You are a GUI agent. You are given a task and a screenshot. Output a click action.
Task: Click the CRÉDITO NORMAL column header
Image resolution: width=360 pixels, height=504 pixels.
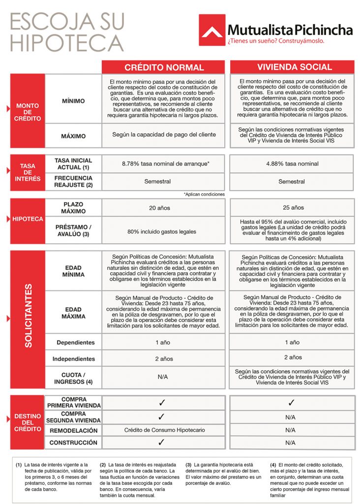point(164,67)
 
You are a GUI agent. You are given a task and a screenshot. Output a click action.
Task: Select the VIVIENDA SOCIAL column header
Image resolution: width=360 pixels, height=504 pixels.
point(292,67)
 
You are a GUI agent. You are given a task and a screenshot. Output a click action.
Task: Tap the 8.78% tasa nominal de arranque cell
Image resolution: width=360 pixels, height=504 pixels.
point(164,164)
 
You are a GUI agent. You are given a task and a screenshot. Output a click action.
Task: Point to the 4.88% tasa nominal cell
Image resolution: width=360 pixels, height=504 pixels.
point(292,164)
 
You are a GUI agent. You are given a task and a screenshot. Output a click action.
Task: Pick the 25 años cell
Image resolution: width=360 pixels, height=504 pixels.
point(292,208)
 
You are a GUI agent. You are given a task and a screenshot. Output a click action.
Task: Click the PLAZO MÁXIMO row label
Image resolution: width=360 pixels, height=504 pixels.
point(73,208)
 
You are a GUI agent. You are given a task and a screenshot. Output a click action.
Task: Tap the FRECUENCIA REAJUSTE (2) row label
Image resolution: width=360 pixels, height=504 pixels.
point(73,182)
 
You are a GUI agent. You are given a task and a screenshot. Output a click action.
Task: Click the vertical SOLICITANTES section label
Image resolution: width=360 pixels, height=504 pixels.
point(28,315)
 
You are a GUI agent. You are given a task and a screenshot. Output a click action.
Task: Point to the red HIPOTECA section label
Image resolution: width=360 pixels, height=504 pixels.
point(28,219)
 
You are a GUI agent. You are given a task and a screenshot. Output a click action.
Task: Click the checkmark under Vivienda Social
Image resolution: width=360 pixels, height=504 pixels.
point(292,403)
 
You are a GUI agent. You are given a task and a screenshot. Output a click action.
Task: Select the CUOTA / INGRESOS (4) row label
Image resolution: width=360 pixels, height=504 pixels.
point(73,378)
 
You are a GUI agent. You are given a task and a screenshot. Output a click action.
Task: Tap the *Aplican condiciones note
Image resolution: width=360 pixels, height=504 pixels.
point(204,194)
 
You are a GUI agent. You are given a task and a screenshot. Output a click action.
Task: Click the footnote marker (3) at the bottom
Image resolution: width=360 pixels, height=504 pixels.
point(188,465)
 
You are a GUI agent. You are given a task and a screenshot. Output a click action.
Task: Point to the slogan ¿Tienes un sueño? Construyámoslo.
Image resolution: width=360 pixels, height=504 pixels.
point(276,41)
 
